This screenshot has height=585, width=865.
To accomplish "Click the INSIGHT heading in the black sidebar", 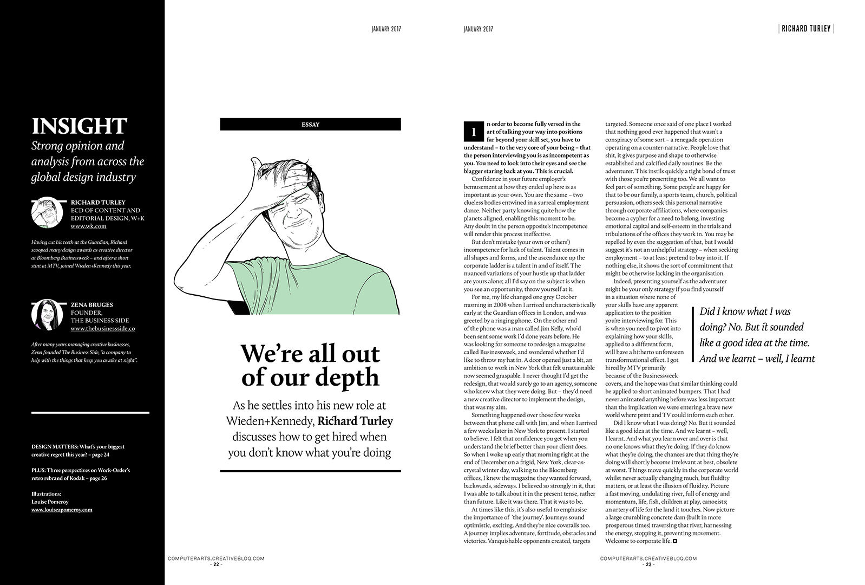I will [x=79, y=126].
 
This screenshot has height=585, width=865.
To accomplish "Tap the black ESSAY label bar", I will [x=310, y=125].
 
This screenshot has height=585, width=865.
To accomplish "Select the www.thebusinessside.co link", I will [x=102, y=328].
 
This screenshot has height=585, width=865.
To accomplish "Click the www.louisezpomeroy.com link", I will [x=62, y=510].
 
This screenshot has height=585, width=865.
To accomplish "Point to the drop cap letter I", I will [x=474, y=132].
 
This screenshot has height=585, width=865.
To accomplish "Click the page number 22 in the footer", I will [x=216, y=564].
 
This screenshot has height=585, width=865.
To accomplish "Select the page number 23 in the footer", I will [x=648, y=564].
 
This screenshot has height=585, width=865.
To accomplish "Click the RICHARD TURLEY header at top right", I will [x=805, y=29].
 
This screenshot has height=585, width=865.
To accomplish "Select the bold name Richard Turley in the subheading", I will [x=355, y=421].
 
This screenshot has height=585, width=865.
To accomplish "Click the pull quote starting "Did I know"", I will [x=756, y=335].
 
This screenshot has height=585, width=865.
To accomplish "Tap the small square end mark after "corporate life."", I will [x=675, y=541].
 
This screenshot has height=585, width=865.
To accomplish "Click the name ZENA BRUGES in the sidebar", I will [x=92, y=304].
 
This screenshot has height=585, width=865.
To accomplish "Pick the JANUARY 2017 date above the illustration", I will [x=386, y=29].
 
